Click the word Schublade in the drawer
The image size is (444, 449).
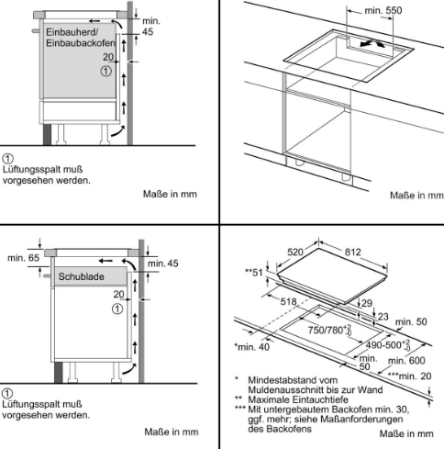coord(82,276)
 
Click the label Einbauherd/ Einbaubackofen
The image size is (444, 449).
coord(81,38)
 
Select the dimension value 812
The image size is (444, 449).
coord(353,252)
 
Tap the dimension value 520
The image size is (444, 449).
coord(295,252)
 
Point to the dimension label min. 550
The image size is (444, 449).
coord(383,10)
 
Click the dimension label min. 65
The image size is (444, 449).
coord(24,258)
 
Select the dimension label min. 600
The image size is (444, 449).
coord(406,361)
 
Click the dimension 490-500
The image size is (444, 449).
coord(388,345)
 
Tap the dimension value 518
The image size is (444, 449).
coord(288,302)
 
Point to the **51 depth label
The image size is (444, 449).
coord(254,272)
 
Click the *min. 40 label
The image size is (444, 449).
coord(252,347)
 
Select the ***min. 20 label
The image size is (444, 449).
coord(409,376)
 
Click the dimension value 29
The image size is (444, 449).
coord(367,303)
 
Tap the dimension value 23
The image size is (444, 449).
coord(383,316)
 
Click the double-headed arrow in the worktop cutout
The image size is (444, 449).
coord(372,44)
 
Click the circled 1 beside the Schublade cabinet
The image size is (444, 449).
coord(117,309)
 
